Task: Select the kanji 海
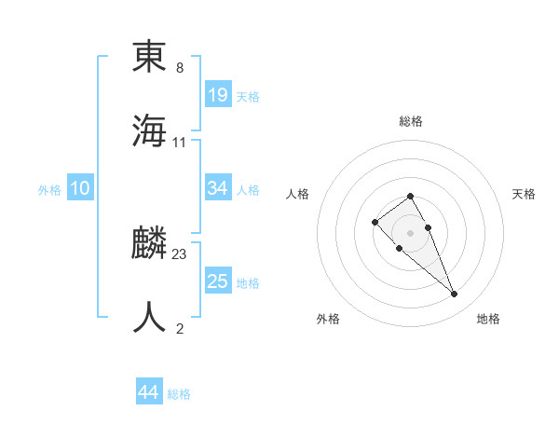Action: click(x=149, y=130)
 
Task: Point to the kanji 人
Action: click(x=149, y=317)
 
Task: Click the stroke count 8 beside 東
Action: click(x=180, y=68)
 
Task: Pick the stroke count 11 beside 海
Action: click(x=180, y=142)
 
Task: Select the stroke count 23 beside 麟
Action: click(x=180, y=254)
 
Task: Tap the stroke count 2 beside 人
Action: click(x=180, y=328)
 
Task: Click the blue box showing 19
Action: click(x=218, y=95)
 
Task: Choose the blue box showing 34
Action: click(x=218, y=188)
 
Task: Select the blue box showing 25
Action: click(x=218, y=281)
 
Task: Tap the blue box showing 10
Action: click(x=80, y=188)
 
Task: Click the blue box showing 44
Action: click(x=149, y=393)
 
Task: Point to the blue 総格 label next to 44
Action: click(x=179, y=394)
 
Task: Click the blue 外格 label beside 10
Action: click(x=49, y=190)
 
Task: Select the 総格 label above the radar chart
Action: click(x=410, y=121)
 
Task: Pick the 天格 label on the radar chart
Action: click(x=524, y=194)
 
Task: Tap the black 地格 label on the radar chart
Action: click(x=488, y=319)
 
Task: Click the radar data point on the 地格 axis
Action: click(x=455, y=294)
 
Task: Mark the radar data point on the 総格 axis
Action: click(x=410, y=196)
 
